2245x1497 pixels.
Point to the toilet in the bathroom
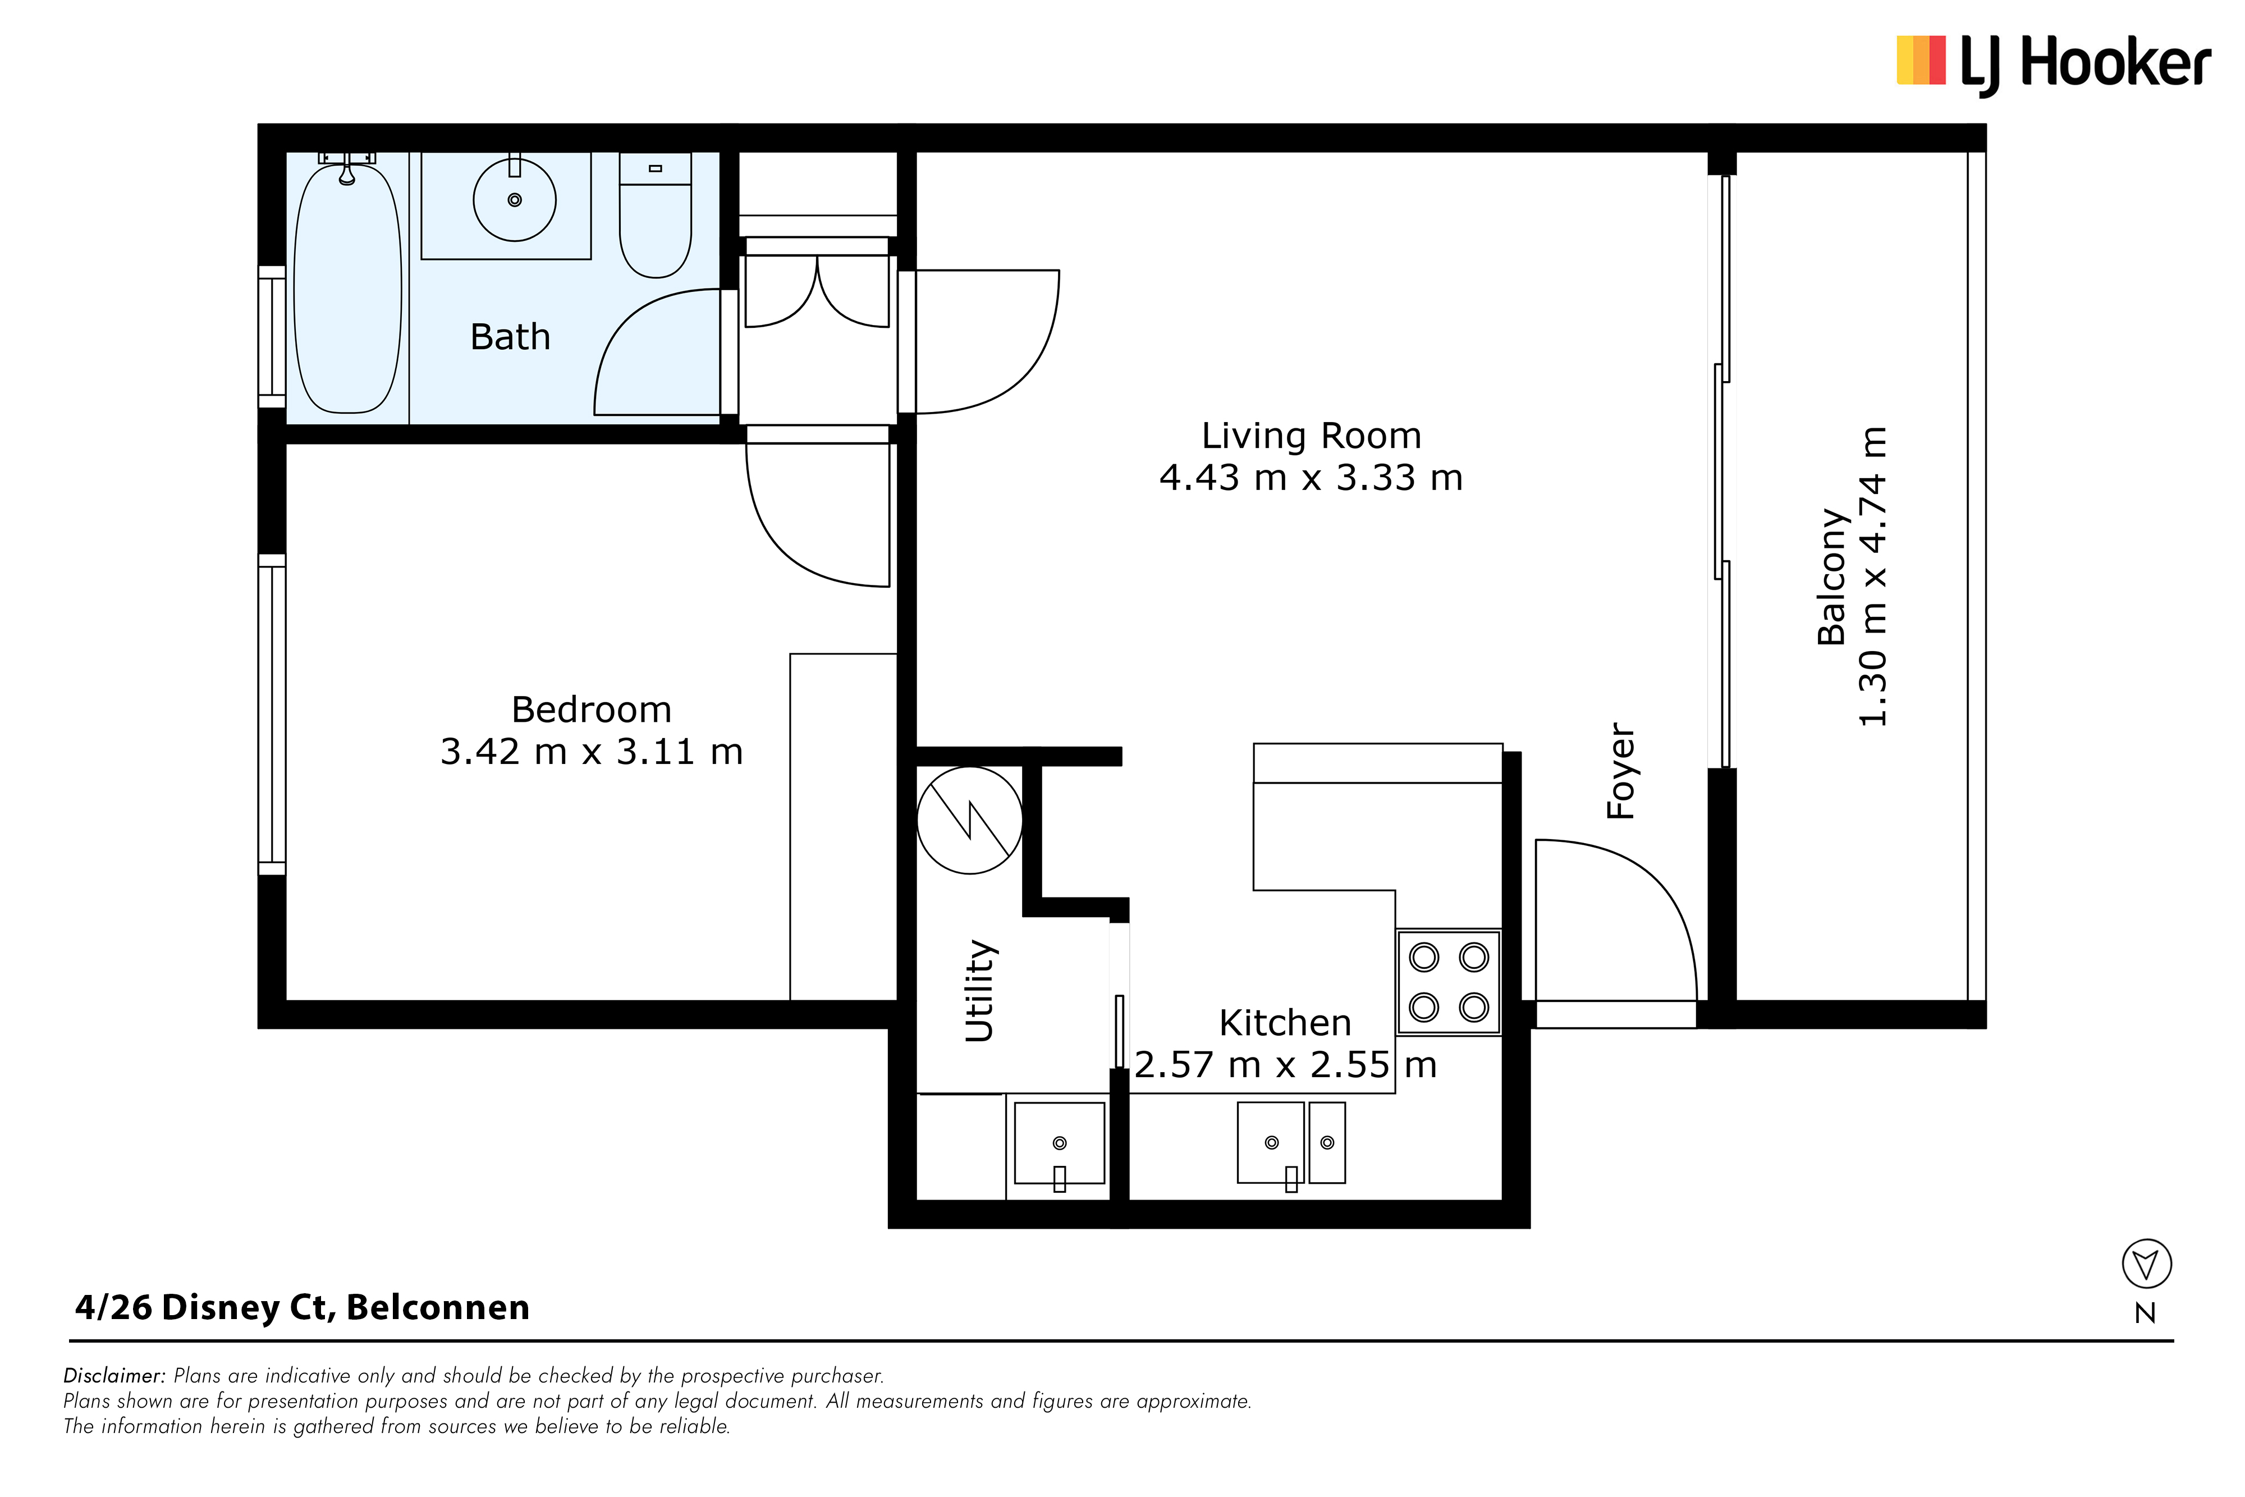[655, 216]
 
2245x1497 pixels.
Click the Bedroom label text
[592, 709]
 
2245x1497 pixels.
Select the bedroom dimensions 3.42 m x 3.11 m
[592, 752]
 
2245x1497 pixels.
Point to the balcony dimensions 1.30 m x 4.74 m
[1873, 576]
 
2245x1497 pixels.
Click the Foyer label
[1621, 771]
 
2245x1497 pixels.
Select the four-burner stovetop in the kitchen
[1449, 982]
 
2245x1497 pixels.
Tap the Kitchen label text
[1285, 1023]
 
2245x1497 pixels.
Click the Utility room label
[981, 990]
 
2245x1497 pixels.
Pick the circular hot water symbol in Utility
[970, 820]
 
